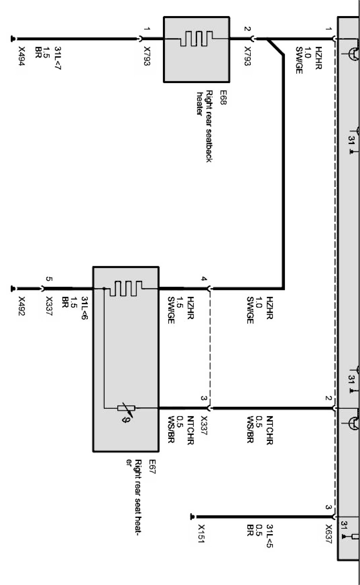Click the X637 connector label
[x=328, y=534]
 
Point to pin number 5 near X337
[x=48, y=279]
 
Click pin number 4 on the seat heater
[x=204, y=279]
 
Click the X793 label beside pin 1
[x=147, y=57]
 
